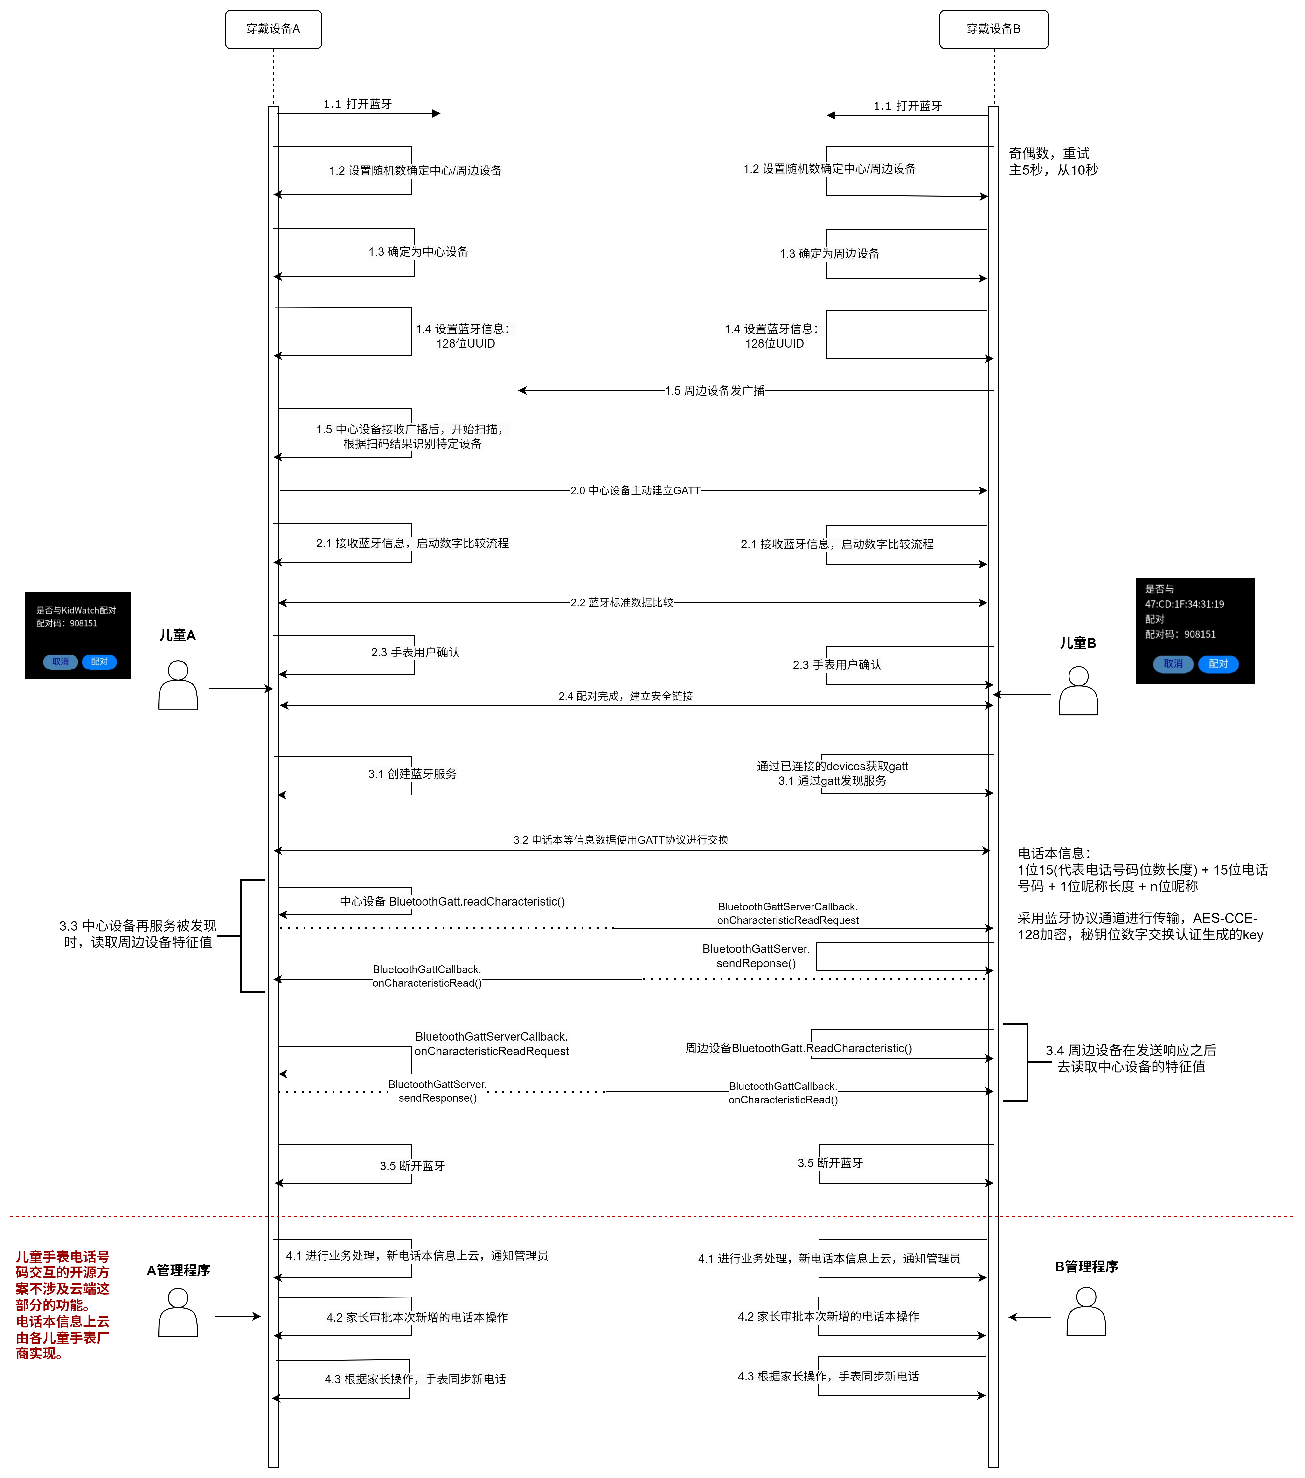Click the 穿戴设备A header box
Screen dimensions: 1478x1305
tap(273, 29)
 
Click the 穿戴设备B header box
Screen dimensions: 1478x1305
tap(993, 29)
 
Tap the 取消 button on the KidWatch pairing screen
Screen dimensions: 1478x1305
tap(61, 662)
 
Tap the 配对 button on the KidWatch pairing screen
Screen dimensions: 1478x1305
tap(99, 662)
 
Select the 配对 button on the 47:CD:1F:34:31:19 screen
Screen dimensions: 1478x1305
tap(1218, 664)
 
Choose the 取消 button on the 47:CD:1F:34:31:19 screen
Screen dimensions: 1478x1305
tap(1173, 664)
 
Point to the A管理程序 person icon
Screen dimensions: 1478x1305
tap(178, 1312)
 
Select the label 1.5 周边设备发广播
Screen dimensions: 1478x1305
tap(714, 390)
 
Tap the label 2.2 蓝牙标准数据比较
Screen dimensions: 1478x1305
tap(622, 602)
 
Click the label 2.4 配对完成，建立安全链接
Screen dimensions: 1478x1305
tap(625, 696)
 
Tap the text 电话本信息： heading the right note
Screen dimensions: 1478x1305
tap(1054, 853)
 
